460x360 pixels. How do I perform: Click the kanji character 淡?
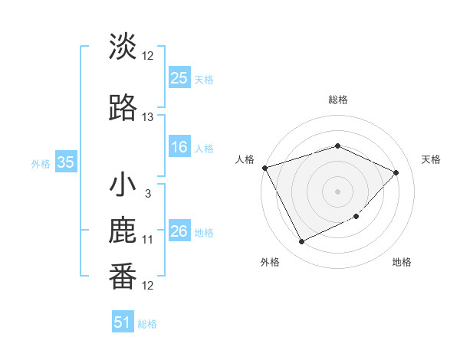[123, 47]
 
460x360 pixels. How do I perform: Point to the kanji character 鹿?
[123, 231]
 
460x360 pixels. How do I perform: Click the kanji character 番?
[123, 277]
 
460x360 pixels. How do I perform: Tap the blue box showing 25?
[179, 77]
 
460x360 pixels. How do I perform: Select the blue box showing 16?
[179, 147]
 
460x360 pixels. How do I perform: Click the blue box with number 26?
[179, 231]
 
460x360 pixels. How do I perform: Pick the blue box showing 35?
[65, 162]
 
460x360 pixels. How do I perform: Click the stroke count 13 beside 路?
[148, 117]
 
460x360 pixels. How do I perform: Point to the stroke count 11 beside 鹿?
[148, 240]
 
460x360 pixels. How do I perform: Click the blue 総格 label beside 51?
[147, 324]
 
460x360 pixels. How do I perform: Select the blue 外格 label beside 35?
[41, 163]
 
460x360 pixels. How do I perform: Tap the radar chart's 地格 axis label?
[402, 262]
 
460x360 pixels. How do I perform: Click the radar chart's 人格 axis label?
[245, 159]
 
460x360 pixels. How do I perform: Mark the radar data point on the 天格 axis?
[396, 172]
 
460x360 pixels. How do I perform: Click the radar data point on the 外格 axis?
[301, 242]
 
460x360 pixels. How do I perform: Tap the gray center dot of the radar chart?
[337, 191]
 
